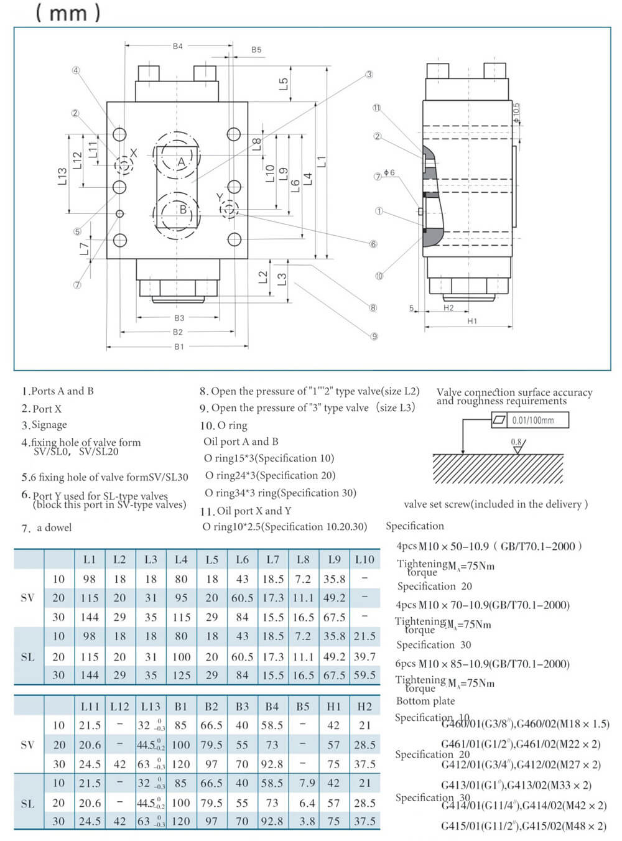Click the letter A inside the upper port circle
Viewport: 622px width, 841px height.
point(181,162)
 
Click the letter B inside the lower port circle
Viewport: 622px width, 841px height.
point(183,209)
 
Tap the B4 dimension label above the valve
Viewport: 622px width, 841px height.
point(178,46)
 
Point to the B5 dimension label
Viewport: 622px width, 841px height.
point(256,50)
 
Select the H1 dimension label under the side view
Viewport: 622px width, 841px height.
point(472,321)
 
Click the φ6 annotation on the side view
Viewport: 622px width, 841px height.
point(389,172)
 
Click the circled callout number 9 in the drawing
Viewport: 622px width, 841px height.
point(374,337)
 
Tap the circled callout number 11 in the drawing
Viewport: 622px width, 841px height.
point(376,108)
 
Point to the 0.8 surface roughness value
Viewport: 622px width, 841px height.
point(516,442)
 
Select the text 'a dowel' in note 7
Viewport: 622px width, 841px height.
point(54,527)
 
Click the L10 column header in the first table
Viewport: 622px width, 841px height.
point(364,559)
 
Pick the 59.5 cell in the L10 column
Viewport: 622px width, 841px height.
point(364,675)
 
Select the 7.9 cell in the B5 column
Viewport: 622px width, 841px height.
point(307,783)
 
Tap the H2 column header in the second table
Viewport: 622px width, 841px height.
point(364,706)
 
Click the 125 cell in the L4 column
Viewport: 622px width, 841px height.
point(181,675)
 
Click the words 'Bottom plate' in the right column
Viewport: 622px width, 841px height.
point(425,701)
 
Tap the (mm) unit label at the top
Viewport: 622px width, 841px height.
point(68,12)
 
